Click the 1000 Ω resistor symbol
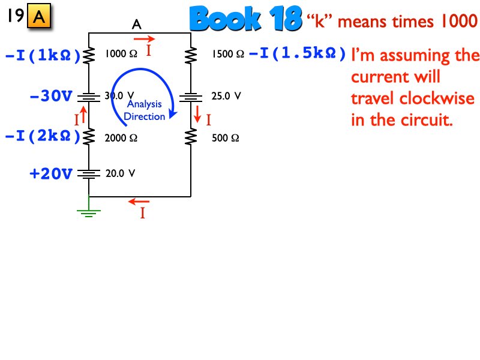coord(89,55)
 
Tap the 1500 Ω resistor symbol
coord(191,55)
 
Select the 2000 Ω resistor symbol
coord(89,137)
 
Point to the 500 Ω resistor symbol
coord(191,137)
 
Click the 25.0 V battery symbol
coord(191,96)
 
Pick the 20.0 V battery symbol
coord(89,174)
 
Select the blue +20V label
coord(51,174)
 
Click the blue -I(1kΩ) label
coord(43,55)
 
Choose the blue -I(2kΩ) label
coord(43,137)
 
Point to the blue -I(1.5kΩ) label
coord(298,54)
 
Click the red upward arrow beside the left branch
coord(84,112)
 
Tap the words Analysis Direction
coord(144,110)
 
